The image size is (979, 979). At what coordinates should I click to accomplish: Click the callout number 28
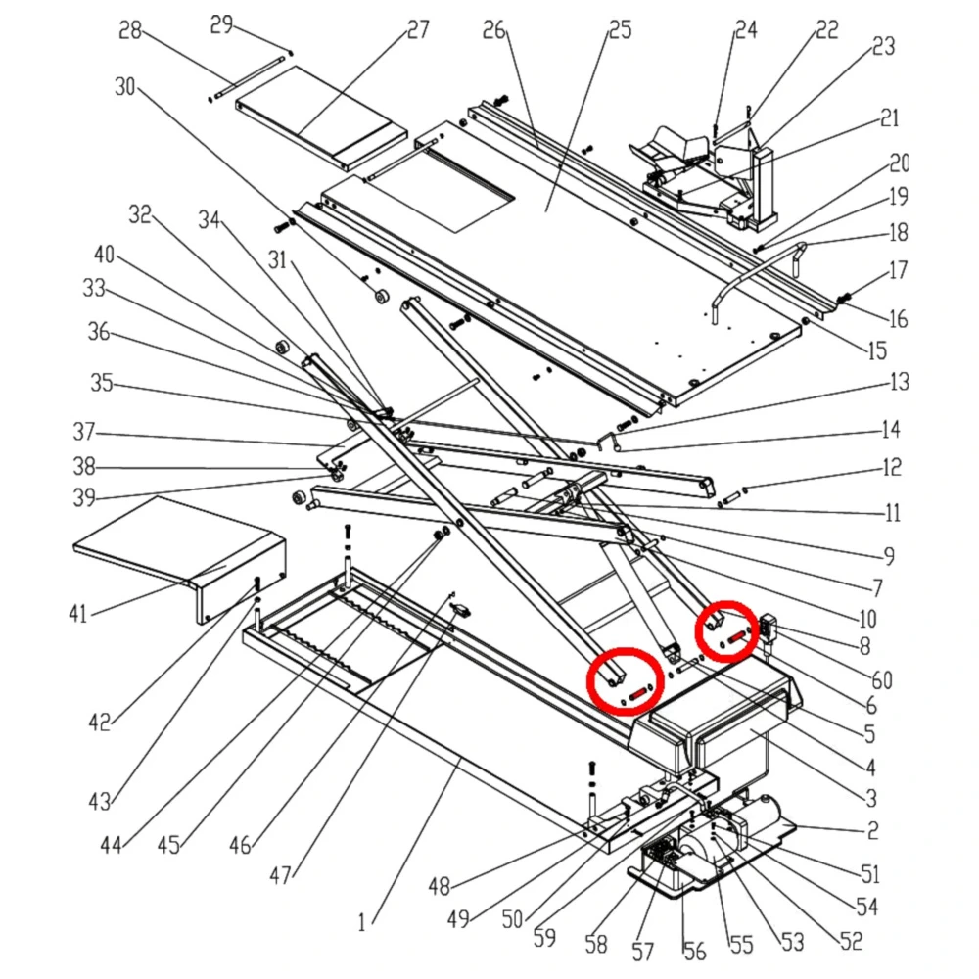tap(130, 32)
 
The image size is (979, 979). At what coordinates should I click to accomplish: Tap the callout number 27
tap(418, 29)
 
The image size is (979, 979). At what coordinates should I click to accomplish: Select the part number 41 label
tap(78, 614)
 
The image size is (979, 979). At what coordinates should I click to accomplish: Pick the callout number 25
tap(620, 30)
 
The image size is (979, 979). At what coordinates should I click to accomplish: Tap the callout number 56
tap(693, 950)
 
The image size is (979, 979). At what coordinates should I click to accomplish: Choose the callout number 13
tap(899, 381)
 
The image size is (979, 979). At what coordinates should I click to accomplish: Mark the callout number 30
tap(125, 87)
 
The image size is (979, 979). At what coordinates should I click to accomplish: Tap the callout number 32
tap(142, 214)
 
